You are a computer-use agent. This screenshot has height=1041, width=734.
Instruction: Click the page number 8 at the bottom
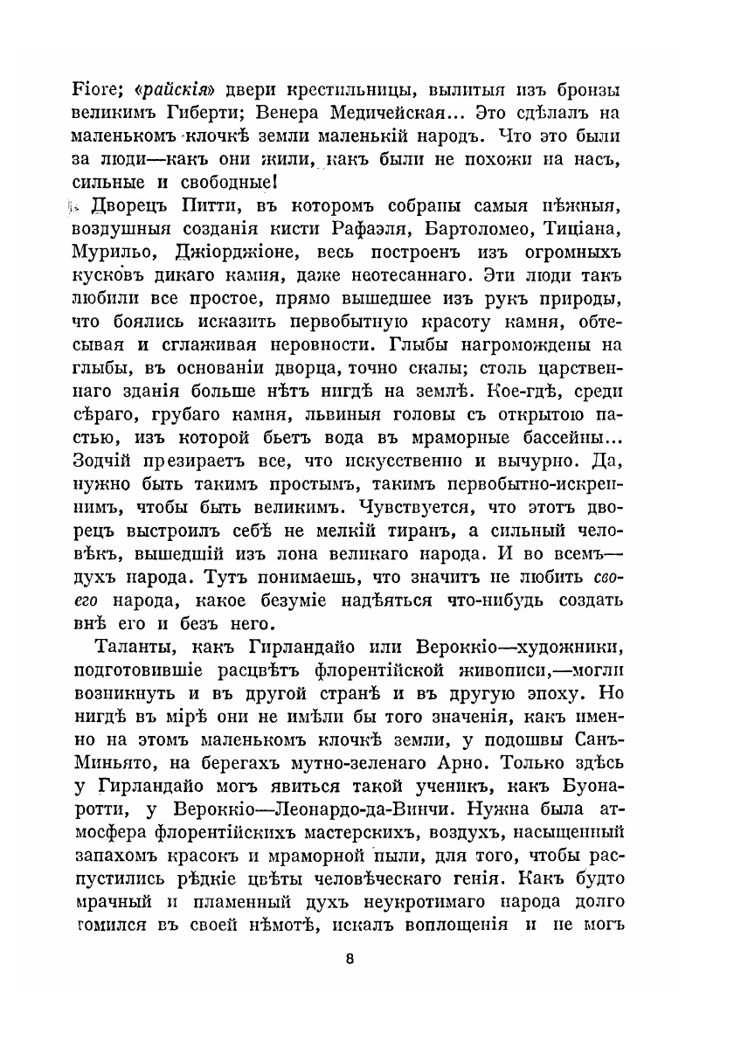coord(350,958)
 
